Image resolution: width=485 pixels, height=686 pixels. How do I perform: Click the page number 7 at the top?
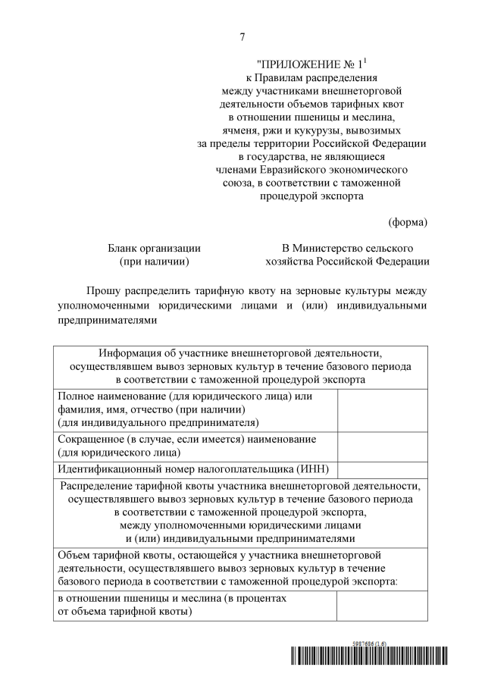242,37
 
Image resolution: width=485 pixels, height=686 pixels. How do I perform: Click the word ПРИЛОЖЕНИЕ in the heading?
301,65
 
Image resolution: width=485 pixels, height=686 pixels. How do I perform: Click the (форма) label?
408,222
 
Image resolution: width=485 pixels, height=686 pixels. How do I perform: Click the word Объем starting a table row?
74,555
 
